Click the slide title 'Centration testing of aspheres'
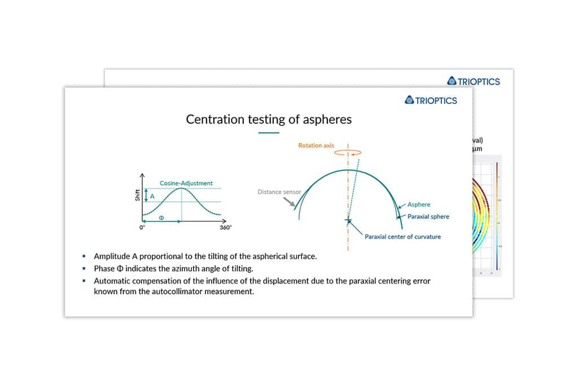[269, 119]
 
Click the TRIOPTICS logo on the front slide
[431, 100]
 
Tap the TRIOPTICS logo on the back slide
[473, 81]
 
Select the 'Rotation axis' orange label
[316, 146]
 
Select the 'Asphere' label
[419, 205]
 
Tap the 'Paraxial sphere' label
[428, 216]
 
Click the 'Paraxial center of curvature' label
[402, 236]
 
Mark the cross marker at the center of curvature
[348, 220]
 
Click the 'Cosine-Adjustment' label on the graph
[186, 183]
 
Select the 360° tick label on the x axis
[225, 227]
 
